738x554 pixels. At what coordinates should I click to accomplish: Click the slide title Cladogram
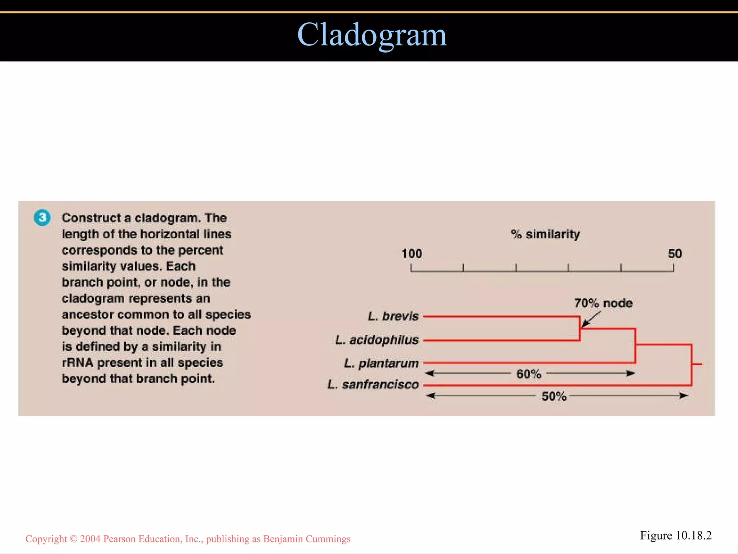coord(372,35)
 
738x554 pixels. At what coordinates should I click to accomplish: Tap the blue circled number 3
coord(42,217)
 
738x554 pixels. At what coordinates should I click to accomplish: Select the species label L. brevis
coord(393,316)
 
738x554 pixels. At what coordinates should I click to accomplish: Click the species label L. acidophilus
coord(377,340)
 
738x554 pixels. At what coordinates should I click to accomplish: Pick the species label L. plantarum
coord(381,363)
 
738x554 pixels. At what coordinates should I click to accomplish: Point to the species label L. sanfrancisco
coord(373,384)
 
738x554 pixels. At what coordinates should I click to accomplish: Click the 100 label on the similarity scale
coord(412,254)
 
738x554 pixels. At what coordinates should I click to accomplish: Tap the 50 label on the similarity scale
coord(675,254)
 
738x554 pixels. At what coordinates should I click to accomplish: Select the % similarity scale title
coord(545,234)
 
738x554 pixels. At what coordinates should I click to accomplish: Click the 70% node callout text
coord(603,303)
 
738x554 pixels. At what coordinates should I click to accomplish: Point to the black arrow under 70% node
coord(591,320)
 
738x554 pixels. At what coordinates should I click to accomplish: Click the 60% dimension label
coord(529,374)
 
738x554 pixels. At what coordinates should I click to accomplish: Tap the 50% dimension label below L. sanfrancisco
coord(554,396)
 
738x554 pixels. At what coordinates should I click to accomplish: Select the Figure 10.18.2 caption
coord(676,536)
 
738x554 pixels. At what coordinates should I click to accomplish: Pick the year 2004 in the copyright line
coord(90,539)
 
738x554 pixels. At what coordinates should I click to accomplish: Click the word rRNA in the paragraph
coord(77,362)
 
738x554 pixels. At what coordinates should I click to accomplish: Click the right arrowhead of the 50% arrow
coord(684,396)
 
